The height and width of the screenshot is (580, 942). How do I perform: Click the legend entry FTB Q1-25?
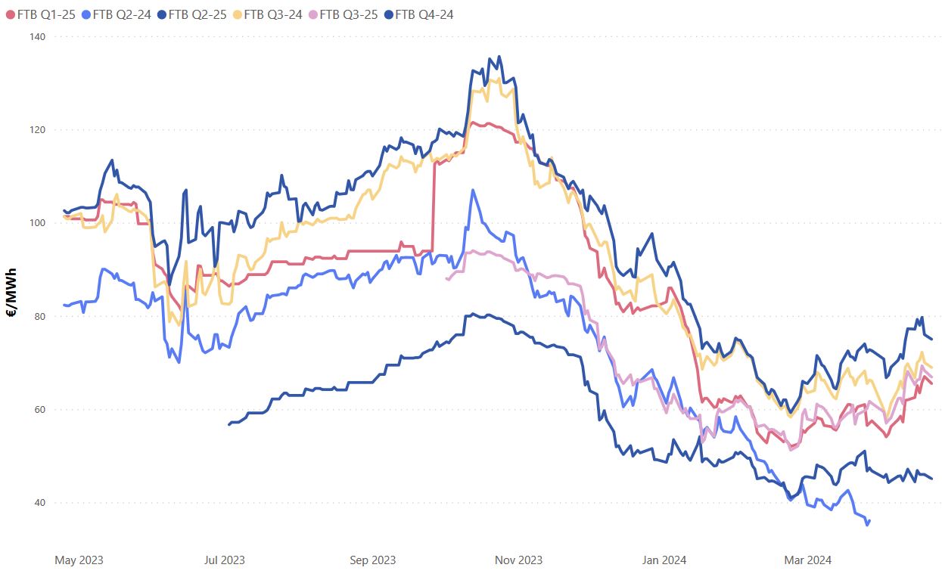coord(45,14)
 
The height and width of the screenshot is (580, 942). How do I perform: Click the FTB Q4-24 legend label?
coord(424,14)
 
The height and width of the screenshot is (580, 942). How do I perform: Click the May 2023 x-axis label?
coord(79,560)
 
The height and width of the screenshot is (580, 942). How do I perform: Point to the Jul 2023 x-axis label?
coord(225,560)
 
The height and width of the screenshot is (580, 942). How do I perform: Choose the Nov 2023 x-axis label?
coord(518,560)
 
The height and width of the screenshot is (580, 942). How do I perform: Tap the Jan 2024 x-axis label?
coord(664,560)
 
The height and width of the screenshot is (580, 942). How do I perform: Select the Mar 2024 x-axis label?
coord(807,560)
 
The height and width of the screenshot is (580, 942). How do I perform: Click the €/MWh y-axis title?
coord(12,302)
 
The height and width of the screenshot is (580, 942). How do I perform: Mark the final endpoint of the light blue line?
coord(868,521)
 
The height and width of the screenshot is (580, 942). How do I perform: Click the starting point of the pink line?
coord(446,279)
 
